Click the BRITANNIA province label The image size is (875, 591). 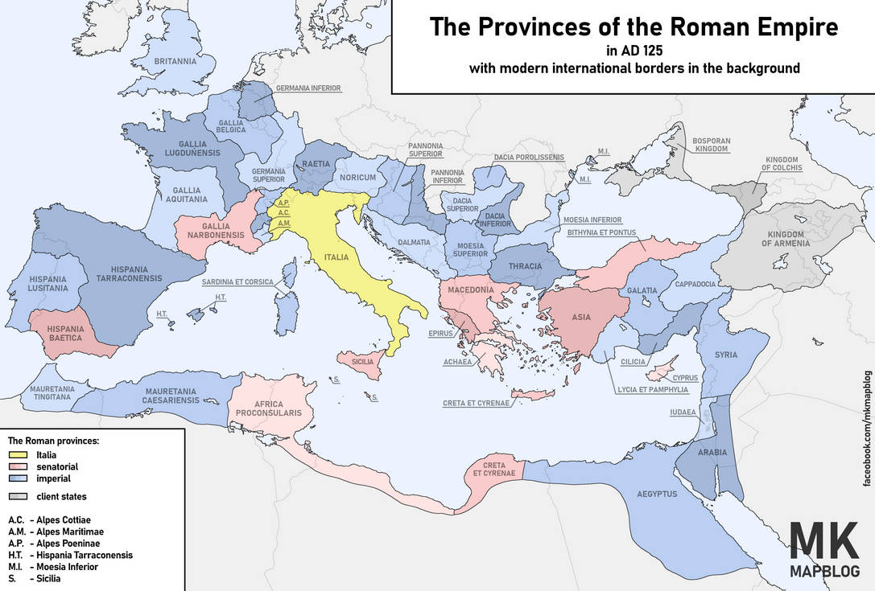[175, 61]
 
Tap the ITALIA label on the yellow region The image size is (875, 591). [337, 257]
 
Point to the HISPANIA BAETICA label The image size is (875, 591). [65, 334]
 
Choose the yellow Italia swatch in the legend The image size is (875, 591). [19, 455]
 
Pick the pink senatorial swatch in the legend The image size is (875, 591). [19, 466]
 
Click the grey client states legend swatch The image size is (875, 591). [19, 496]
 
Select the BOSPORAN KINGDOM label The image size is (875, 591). [712, 145]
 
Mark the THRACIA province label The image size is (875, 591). [525, 266]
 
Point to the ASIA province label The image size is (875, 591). [581, 317]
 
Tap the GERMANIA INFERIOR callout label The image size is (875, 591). [308, 88]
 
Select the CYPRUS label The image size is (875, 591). [685, 377]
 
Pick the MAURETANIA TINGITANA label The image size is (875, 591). [52, 393]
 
